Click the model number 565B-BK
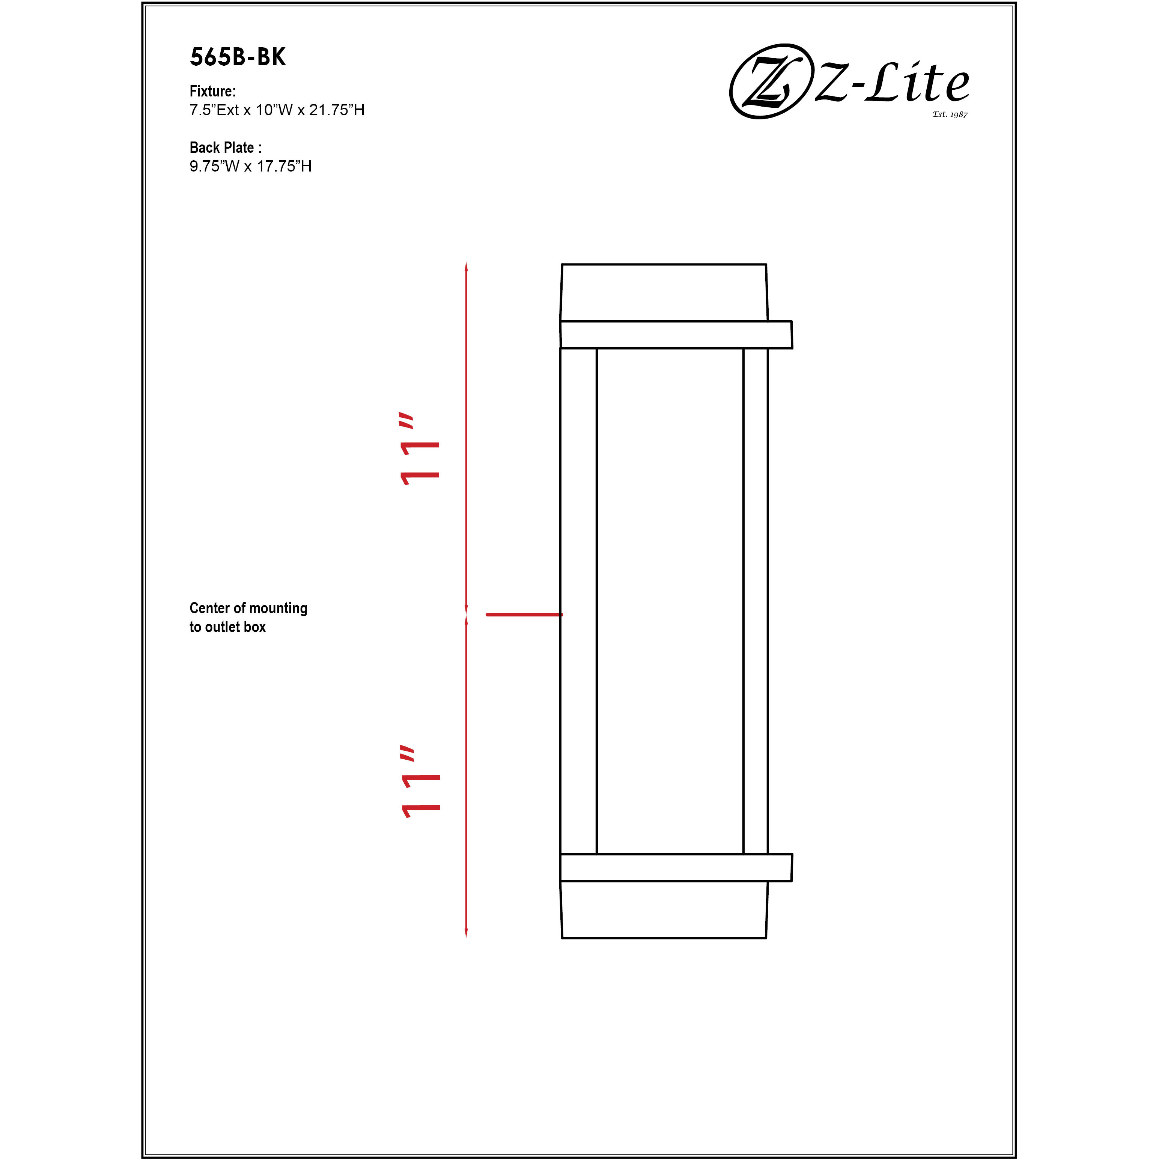tap(238, 57)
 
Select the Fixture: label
tap(212, 91)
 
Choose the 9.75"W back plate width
tap(214, 167)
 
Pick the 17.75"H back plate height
tap(284, 167)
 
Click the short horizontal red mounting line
tap(524, 615)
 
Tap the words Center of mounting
tap(248, 608)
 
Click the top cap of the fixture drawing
tap(664, 293)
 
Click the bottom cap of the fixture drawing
tap(664, 909)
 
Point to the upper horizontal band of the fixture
tap(676, 335)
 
